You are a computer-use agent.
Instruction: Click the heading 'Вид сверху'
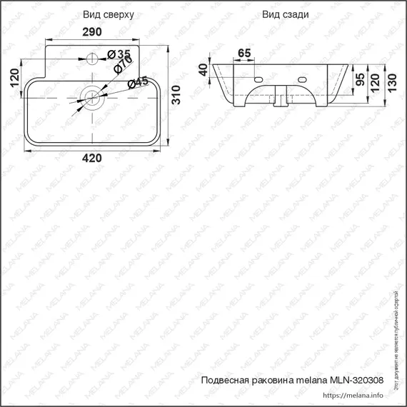[x=107, y=14]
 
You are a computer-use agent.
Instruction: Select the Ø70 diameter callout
[x=121, y=66]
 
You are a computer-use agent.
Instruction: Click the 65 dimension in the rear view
[x=243, y=53]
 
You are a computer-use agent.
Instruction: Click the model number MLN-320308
[x=361, y=381]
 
